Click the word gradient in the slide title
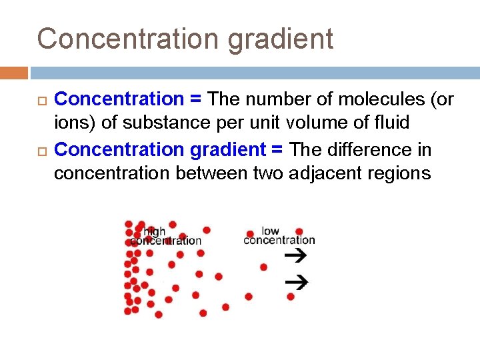click(280, 40)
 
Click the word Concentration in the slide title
click(129, 39)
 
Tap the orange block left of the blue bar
click(14, 73)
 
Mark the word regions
click(398, 174)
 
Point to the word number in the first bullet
click(277, 99)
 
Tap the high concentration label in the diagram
click(165, 236)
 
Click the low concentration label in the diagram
click(279, 235)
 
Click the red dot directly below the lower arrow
click(291, 297)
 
